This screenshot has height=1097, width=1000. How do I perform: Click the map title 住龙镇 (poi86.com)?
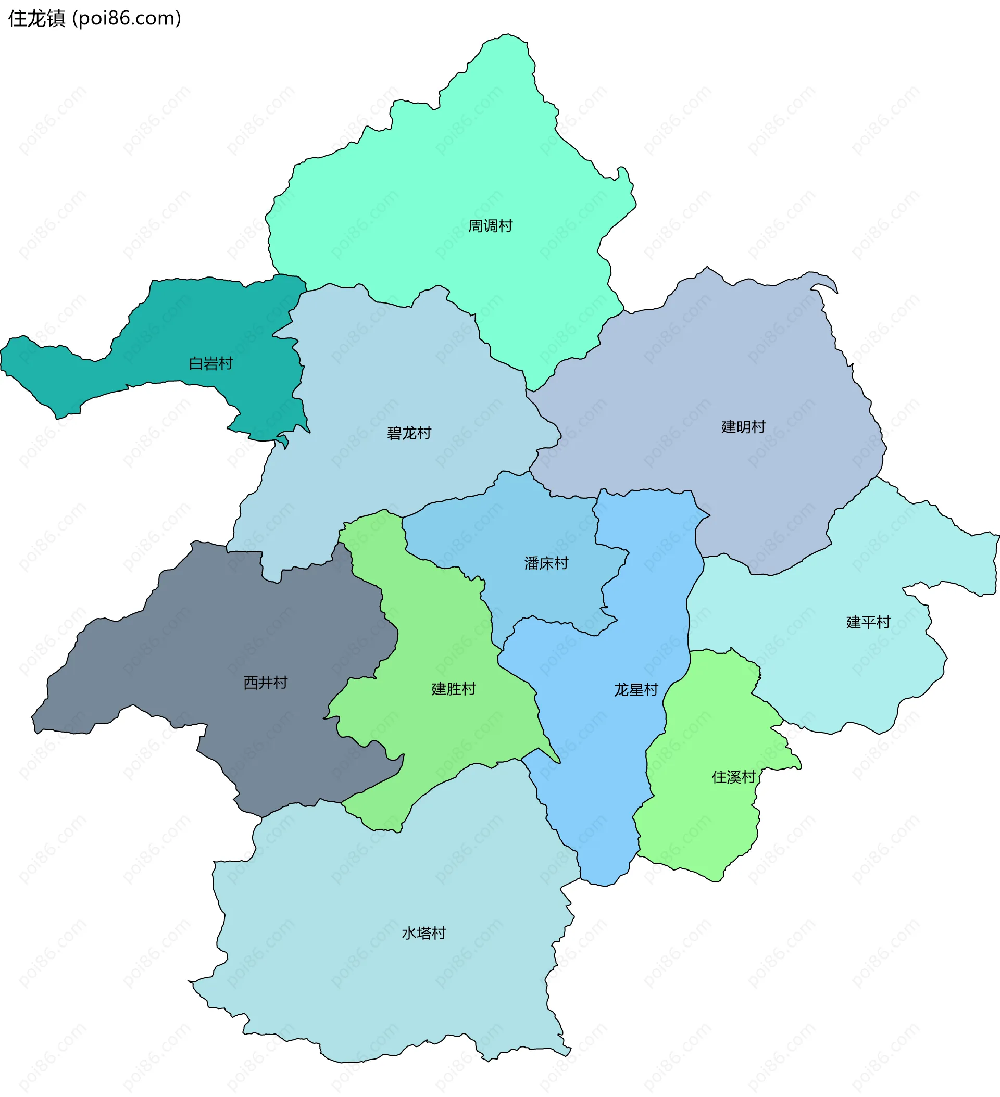coord(94,19)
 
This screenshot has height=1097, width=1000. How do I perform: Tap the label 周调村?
coord(490,226)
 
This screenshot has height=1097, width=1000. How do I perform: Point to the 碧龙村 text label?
coord(409,433)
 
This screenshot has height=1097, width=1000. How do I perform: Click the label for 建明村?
coord(743,426)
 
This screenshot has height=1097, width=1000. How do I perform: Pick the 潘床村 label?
coord(546,563)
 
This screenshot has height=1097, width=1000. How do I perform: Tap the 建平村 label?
coord(868,622)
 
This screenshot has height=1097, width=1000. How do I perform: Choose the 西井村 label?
coord(265,683)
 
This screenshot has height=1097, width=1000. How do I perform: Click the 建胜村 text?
coord(454,689)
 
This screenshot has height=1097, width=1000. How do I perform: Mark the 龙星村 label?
coord(636,690)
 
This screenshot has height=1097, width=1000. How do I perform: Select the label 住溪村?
coord(734,777)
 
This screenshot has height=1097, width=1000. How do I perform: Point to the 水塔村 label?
coord(423,933)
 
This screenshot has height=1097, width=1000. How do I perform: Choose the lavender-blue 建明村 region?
coord(708,370)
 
